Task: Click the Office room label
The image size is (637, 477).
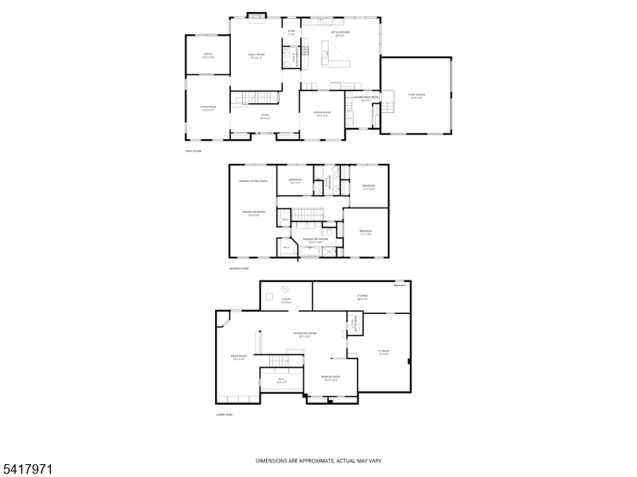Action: point(208,56)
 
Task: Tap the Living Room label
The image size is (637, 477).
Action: point(208,108)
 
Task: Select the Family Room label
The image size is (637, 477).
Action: point(256,56)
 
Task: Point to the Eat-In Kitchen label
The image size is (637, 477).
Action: point(341,33)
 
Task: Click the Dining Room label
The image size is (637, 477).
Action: point(322,115)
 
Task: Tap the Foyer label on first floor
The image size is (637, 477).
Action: point(254,116)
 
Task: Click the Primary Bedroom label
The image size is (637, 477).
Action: point(252,214)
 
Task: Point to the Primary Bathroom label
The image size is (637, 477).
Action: point(311,239)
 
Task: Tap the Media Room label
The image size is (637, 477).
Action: point(238,358)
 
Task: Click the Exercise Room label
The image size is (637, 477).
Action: point(330,378)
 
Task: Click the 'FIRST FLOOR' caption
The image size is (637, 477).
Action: point(193,150)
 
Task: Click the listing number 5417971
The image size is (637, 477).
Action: point(28,470)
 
